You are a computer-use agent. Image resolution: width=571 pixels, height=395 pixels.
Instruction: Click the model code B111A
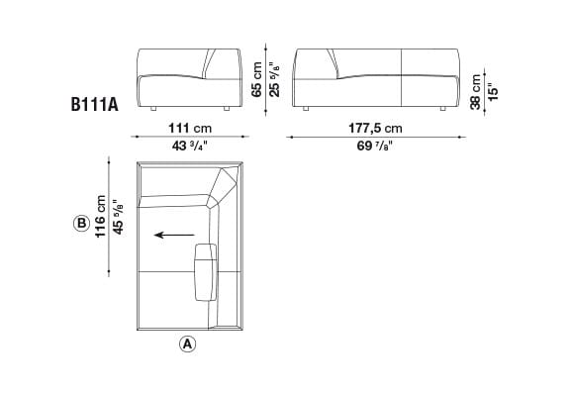click(95, 102)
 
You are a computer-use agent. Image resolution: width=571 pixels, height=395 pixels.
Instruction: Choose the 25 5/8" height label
click(274, 76)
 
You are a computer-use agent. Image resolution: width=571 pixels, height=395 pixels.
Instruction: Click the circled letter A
click(188, 345)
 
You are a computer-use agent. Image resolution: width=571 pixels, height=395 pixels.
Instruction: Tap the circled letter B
click(81, 224)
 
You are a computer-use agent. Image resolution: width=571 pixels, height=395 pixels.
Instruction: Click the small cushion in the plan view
click(207, 269)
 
